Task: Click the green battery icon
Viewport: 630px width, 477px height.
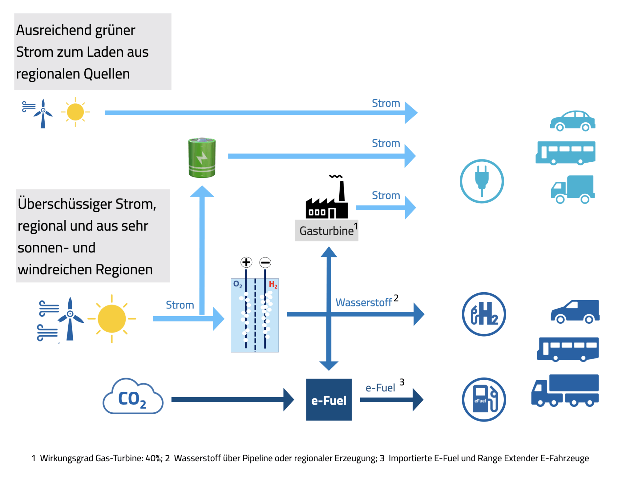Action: point(202,158)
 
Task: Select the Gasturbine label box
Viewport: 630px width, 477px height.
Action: point(326,231)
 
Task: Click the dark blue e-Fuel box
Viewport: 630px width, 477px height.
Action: point(329,400)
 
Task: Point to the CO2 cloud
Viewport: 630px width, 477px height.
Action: point(133,397)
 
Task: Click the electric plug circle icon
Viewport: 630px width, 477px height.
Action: point(482,181)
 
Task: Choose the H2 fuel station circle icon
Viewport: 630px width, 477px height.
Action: point(484,314)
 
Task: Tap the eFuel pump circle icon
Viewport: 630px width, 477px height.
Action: point(484,399)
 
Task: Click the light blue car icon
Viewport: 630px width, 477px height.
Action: point(573,121)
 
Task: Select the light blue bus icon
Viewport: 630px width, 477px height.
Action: point(565,153)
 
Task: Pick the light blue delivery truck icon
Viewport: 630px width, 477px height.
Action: point(573,189)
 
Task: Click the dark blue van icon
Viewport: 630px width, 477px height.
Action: point(575,311)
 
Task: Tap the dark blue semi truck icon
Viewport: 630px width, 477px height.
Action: point(565,390)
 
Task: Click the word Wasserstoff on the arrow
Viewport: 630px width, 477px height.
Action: point(364,302)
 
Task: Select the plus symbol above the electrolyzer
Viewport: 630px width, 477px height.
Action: point(246,262)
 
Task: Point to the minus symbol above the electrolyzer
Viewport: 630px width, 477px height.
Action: point(265,262)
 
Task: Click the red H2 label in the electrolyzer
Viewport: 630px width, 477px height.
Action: point(273,284)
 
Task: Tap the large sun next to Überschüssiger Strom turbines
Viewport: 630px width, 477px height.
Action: point(112,319)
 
